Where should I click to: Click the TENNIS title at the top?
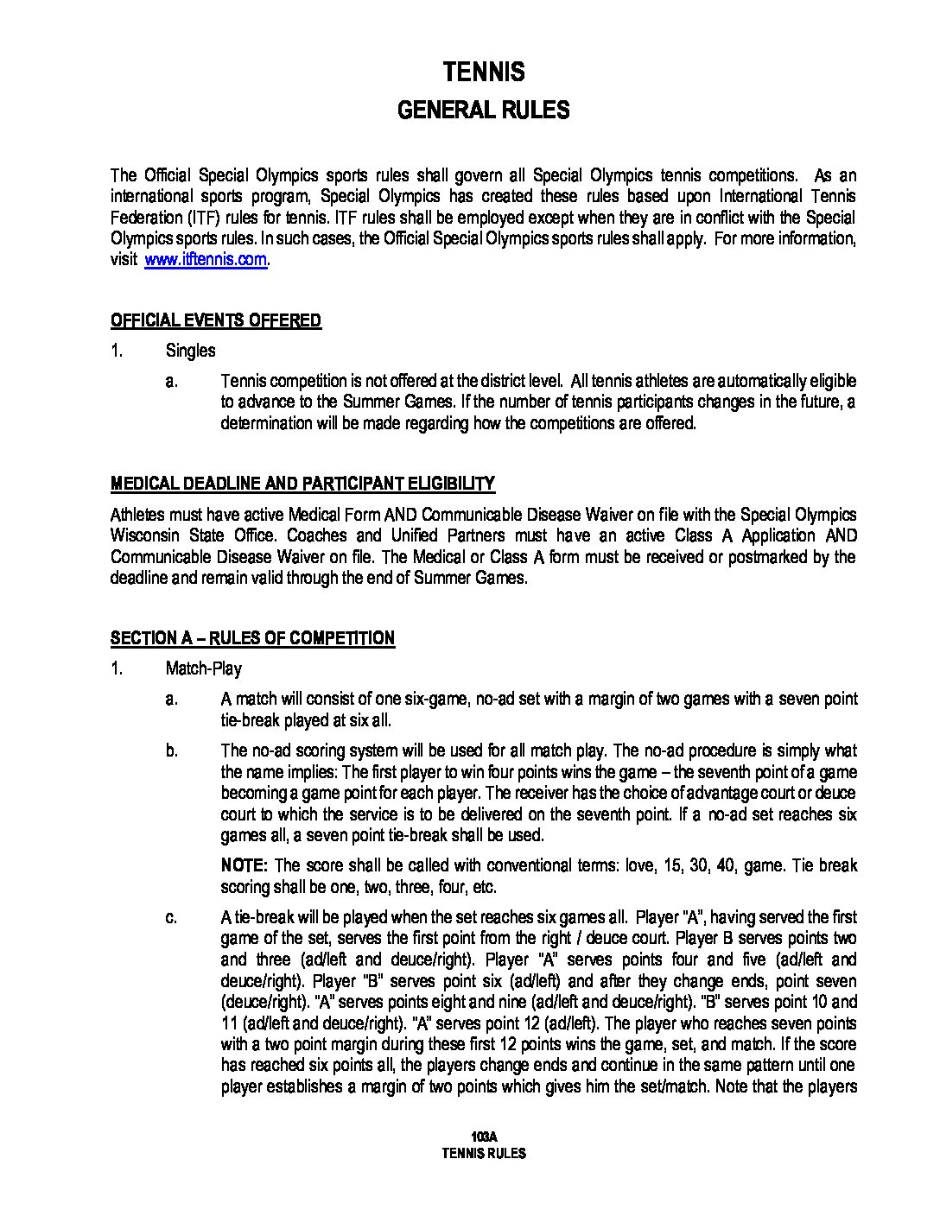(x=483, y=72)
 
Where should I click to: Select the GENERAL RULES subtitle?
(x=483, y=111)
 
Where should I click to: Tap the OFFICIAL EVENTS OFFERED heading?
(x=215, y=321)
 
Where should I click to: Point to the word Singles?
(x=190, y=351)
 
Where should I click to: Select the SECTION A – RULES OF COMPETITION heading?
(x=252, y=638)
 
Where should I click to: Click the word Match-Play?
(x=203, y=668)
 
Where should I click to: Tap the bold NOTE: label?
(x=245, y=865)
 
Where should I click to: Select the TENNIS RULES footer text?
(x=483, y=1153)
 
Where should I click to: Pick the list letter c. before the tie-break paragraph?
(x=172, y=917)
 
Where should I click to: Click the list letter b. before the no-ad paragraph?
(x=172, y=751)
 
